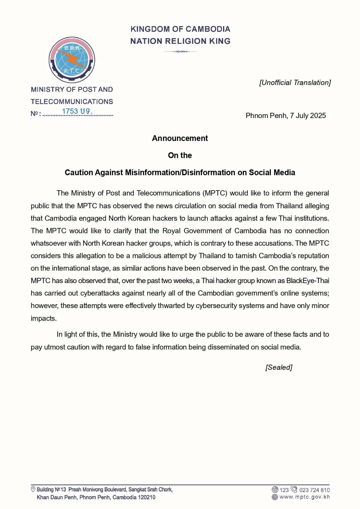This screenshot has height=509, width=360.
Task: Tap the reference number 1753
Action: click(x=70, y=111)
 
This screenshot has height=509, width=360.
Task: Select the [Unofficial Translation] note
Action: click(x=295, y=83)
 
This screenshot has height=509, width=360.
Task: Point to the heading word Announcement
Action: click(x=180, y=138)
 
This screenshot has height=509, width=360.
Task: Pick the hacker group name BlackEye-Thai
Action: click(x=307, y=281)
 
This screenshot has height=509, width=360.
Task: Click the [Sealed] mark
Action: click(x=279, y=367)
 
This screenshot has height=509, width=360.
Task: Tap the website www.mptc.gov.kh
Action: click(x=305, y=497)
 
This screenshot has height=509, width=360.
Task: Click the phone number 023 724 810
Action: click(x=314, y=490)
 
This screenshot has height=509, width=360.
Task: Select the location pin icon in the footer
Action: click(x=33, y=490)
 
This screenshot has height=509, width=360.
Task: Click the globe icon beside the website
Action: click(x=275, y=497)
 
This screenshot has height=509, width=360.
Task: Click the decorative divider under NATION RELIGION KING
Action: click(x=180, y=52)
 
